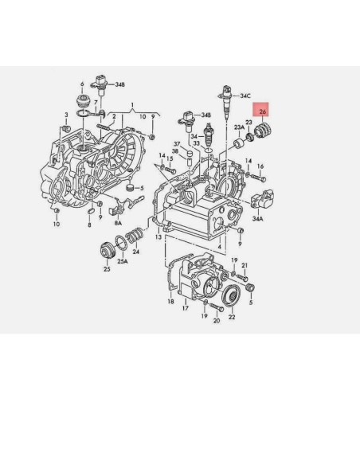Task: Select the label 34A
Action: point(257,217)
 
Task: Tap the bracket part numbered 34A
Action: point(260,199)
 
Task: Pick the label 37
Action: point(178,144)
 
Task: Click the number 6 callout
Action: point(82,83)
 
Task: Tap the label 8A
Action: point(118,224)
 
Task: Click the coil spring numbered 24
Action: point(135,237)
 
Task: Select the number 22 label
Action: point(232,317)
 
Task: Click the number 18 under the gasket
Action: point(170,302)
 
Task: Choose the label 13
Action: point(158,236)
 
